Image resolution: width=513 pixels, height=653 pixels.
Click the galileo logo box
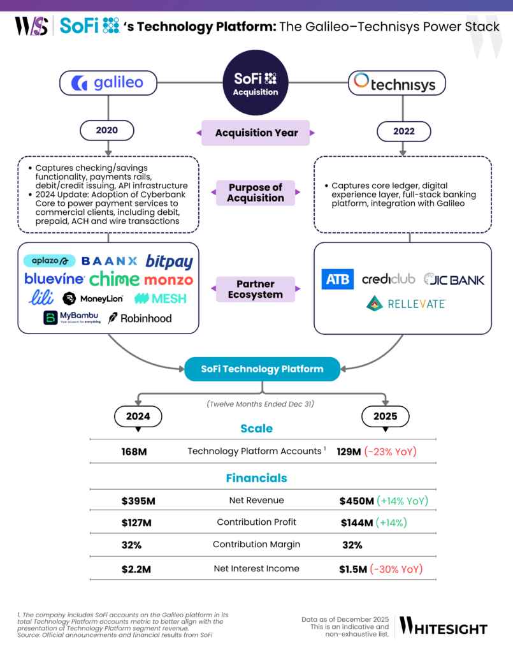click(x=108, y=83)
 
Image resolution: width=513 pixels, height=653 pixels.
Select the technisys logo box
click(x=397, y=83)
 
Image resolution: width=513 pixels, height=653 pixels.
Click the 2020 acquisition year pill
click(x=106, y=131)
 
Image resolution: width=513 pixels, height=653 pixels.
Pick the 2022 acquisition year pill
click(x=403, y=131)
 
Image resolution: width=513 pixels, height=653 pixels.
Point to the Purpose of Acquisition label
click(x=256, y=193)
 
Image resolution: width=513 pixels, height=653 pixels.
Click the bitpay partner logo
click(x=169, y=261)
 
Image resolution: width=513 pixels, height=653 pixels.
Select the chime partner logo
click(x=114, y=279)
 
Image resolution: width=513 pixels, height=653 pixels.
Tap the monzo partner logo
click(x=168, y=279)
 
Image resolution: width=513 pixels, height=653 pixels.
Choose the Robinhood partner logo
click(x=140, y=318)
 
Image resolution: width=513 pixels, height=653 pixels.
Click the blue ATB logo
click(x=337, y=279)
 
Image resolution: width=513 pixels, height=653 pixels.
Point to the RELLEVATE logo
click(x=405, y=304)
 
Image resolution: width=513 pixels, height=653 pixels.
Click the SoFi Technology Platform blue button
click(x=262, y=369)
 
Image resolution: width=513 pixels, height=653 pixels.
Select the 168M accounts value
click(x=134, y=451)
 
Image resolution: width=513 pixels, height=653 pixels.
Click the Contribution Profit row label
click(x=256, y=522)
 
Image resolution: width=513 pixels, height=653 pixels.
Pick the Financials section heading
click(x=256, y=478)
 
